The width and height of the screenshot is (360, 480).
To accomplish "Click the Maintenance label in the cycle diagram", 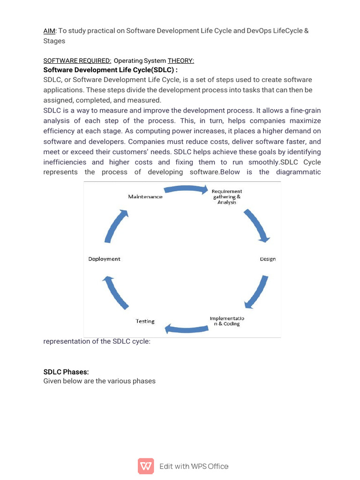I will pos(145,197).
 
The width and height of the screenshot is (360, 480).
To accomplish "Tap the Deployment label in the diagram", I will pos(104,259).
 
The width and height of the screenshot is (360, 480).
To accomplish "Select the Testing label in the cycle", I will pos(145,321).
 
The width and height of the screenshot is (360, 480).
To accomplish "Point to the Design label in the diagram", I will pos(268,259).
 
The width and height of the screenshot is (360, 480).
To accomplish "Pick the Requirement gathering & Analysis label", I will pos(227,197).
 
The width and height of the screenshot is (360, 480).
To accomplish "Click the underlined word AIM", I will pos(49,30).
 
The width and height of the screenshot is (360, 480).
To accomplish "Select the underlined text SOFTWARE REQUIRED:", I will pos(77,61).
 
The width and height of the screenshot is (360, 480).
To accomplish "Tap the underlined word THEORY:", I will pos(181,61).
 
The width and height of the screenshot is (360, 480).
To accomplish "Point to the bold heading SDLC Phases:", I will pos(66,372).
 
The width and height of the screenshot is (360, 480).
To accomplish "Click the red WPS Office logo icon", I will pos(146,466).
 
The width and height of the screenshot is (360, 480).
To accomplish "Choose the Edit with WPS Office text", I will pos(194,466).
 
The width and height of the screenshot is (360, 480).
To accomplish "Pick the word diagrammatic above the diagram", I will pos(299,172).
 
